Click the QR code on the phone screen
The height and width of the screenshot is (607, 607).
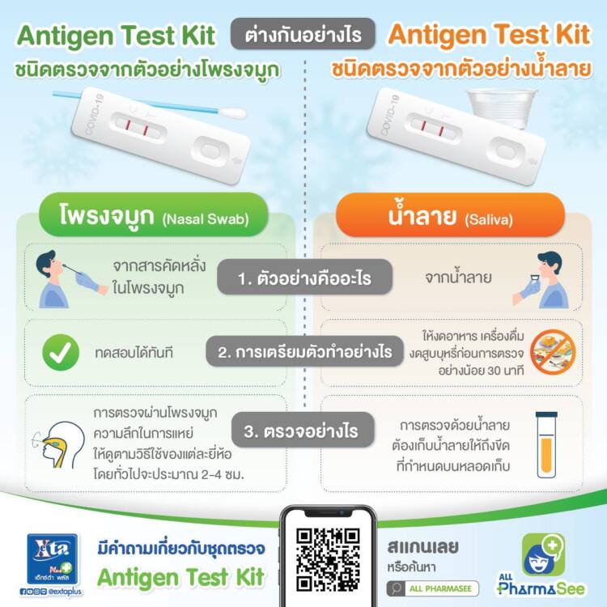(328, 560)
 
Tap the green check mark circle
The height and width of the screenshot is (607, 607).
(61, 352)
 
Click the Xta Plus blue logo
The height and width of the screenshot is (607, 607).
(53, 559)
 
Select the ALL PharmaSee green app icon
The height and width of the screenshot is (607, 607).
(544, 554)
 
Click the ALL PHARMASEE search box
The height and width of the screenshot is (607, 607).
(432, 589)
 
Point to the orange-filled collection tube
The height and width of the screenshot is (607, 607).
(546, 445)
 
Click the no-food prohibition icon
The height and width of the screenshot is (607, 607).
(553, 352)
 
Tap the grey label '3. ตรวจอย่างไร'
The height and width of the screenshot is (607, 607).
(303, 431)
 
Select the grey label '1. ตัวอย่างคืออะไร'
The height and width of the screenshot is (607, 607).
(304, 277)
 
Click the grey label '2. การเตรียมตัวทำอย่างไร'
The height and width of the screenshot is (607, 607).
(304, 352)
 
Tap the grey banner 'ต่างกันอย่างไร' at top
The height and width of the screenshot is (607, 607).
(303, 34)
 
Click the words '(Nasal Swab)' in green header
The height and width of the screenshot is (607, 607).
(206, 219)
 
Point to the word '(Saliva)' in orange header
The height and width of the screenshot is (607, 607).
(489, 220)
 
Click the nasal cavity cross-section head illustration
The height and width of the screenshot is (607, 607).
(61, 445)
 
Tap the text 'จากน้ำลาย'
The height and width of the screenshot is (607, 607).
(458, 277)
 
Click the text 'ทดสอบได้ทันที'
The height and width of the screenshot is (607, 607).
(134, 353)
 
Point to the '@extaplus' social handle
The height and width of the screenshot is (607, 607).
(66, 592)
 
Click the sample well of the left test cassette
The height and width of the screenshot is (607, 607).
(210, 151)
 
